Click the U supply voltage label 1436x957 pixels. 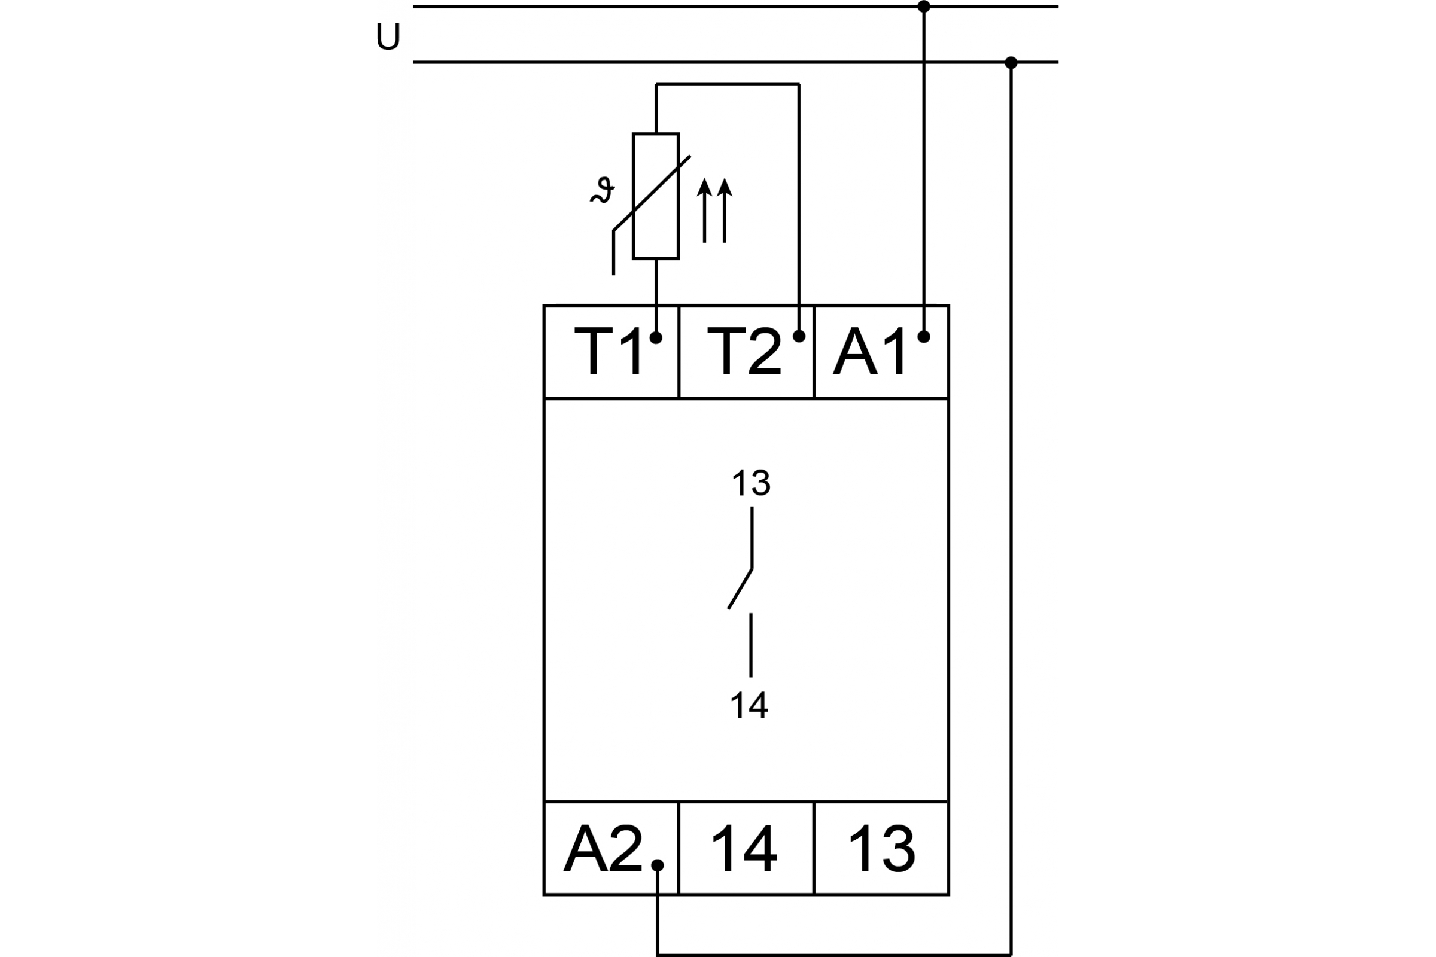point(388,36)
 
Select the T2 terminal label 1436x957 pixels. point(744,351)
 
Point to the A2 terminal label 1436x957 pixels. point(603,849)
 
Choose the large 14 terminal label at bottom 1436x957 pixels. point(744,849)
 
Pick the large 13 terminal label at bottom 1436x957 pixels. point(881,849)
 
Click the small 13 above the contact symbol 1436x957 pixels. point(751,483)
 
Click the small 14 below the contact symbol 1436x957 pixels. point(749,706)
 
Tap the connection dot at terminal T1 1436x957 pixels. point(656,337)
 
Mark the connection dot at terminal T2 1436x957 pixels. point(799,336)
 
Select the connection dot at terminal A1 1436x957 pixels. point(924,336)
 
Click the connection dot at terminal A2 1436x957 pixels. point(658,865)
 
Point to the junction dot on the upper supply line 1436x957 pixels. point(924,7)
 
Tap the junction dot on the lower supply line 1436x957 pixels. point(1011,62)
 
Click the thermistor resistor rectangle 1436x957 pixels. point(656,196)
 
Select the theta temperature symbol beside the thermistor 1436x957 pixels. point(603,190)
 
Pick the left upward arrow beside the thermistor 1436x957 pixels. point(705,210)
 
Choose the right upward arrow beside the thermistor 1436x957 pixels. point(725,210)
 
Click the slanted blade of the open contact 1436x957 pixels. point(740,589)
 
